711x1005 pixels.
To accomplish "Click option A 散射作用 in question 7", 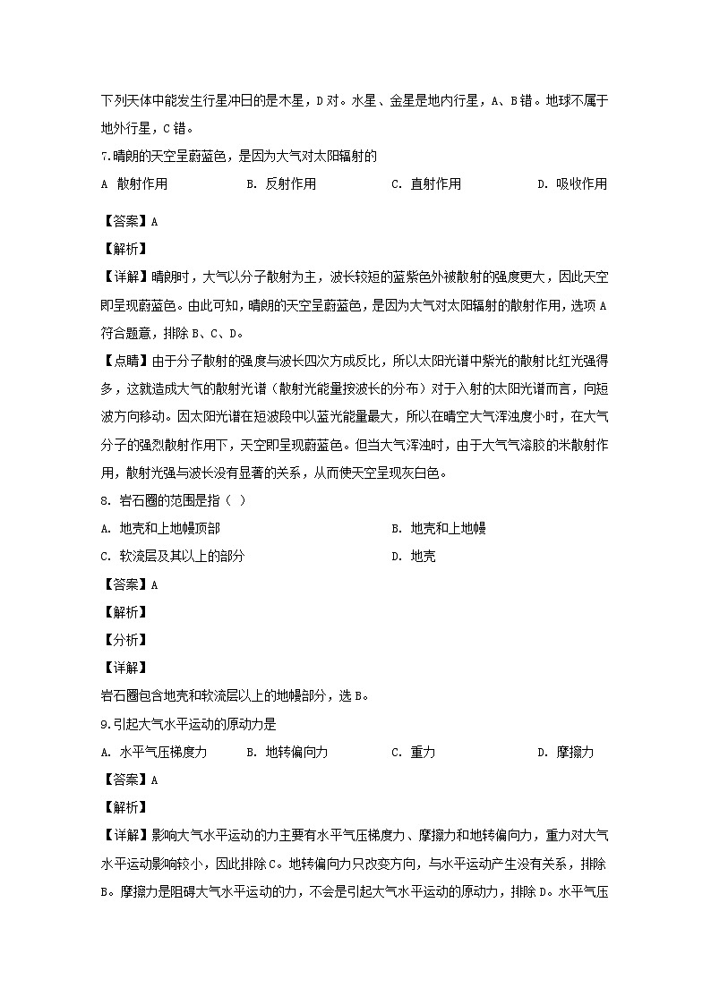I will point(134,184).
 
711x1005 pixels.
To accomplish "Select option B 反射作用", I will point(280,184).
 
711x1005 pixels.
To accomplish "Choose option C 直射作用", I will point(426,184).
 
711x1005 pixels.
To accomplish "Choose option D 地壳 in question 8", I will point(414,557).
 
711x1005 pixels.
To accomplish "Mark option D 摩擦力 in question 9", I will point(565,753).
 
